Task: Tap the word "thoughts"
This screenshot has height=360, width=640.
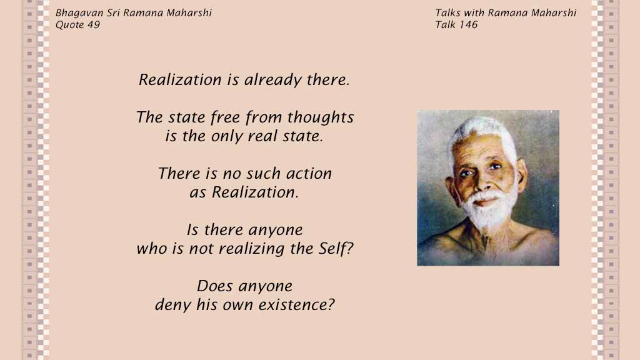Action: (x=321, y=117)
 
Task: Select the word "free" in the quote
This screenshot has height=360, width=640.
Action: (x=225, y=117)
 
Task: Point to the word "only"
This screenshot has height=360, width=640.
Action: (x=226, y=136)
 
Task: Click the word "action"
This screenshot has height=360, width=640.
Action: (x=309, y=174)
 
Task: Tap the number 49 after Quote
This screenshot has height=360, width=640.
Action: (x=94, y=25)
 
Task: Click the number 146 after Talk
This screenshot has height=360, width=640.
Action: (x=468, y=25)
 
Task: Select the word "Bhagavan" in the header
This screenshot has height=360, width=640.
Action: (x=79, y=13)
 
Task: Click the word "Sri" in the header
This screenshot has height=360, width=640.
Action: (x=113, y=12)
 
